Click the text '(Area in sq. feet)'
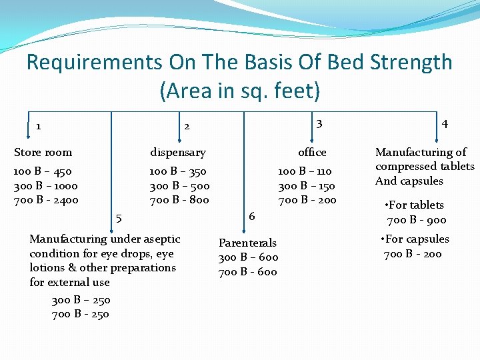240,90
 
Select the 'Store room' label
43,152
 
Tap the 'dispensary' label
177,152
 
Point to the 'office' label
312,152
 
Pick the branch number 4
445,123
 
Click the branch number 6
251,215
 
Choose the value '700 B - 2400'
46,200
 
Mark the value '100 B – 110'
305,171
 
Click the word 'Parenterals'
247,243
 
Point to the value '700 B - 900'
417,220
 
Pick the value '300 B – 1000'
46,186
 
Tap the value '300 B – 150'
307,186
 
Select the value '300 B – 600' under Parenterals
249,257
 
